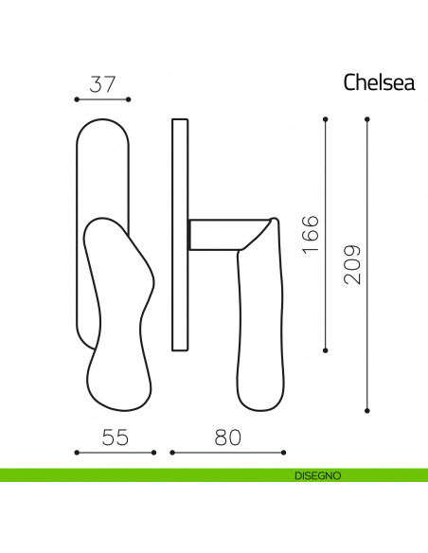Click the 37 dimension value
(x=102, y=82)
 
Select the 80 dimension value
(x=227, y=437)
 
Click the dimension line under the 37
(x=102, y=98)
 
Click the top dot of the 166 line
(x=327, y=118)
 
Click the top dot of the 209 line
(x=366, y=118)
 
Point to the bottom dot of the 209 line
(x=366, y=410)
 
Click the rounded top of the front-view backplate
(x=102, y=122)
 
